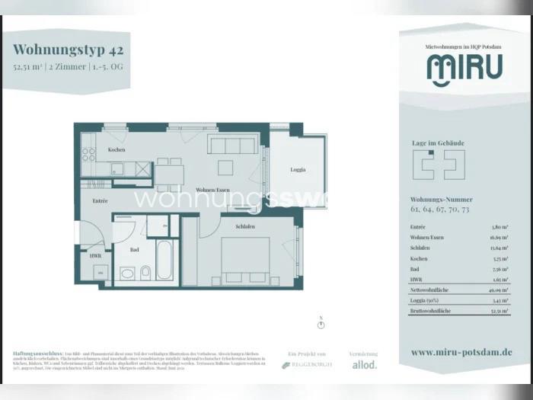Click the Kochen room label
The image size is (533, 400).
pos(116,150)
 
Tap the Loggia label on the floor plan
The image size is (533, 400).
pos(298,170)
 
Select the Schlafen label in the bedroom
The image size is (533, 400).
pos(245,227)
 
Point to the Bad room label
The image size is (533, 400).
pos(135,249)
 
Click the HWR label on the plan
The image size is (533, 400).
pos(95,256)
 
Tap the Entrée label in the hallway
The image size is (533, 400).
pos(100,200)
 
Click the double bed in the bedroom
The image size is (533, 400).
pos(245,259)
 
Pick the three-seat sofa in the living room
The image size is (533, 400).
pos(234,146)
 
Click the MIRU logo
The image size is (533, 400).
pos(464,69)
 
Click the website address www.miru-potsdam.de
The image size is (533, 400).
pos(461,352)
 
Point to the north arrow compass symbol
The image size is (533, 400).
pos(321,324)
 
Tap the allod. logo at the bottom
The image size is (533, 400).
pos(363,365)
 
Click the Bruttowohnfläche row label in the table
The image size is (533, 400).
pos(431,312)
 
